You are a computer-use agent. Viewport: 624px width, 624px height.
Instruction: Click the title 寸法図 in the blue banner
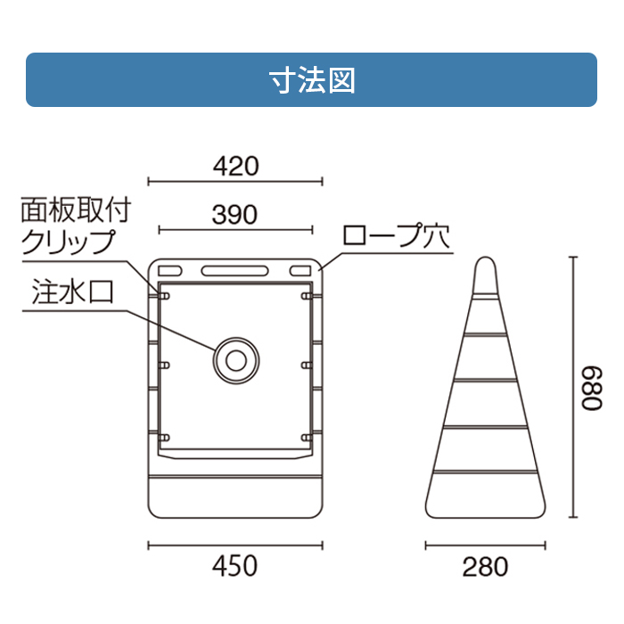click(x=312, y=80)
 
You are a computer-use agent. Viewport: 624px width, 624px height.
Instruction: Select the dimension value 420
click(x=235, y=166)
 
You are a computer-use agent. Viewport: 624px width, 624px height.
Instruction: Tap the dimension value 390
click(x=234, y=215)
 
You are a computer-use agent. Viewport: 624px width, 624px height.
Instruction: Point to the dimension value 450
click(x=234, y=566)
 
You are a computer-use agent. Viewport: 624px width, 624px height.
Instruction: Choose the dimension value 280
click(x=485, y=567)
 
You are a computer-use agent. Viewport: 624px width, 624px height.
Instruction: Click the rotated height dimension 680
click(x=592, y=389)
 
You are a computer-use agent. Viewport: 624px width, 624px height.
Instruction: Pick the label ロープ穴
click(x=397, y=236)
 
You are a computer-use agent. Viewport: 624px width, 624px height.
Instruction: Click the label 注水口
click(x=73, y=291)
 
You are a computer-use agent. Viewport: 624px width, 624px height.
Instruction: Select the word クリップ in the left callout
click(x=68, y=242)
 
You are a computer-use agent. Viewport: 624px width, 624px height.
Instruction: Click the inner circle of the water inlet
click(x=236, y=360)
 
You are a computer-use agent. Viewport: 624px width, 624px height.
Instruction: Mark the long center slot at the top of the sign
click(x=234, y=271)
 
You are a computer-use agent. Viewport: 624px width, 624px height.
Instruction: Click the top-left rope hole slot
click(x=170, y=271)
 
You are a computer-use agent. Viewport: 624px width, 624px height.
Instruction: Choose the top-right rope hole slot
click(x=300, y=271)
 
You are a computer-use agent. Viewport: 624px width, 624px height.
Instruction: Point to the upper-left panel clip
click(x=164, y=296)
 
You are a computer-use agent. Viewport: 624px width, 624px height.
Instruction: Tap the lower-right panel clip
click(x=307, y=438)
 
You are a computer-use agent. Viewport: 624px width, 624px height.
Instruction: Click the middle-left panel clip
click(x=164, y=365)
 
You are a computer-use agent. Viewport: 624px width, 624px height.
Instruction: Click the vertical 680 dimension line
click(x=573, y=387)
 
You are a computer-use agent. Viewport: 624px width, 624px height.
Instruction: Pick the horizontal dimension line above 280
click(x=485, y=546)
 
